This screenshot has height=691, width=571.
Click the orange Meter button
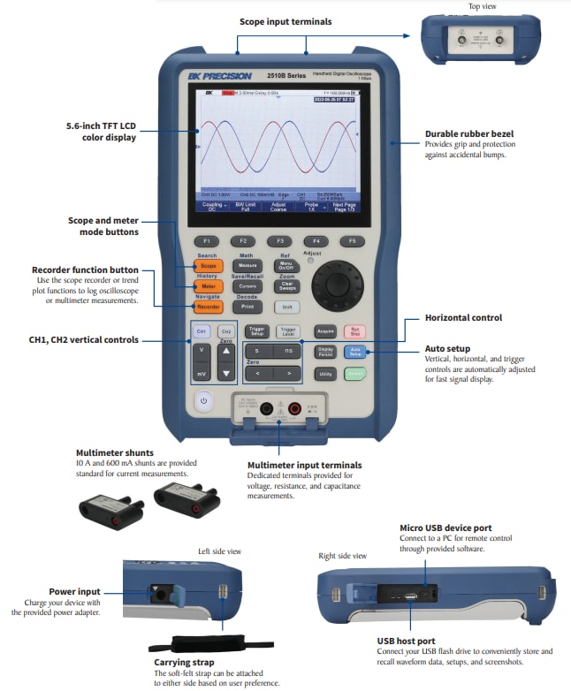click(209, 286)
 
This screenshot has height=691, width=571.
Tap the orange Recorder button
click(209, 308)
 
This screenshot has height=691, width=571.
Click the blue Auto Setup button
click(354, 352)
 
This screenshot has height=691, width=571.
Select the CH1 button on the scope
click(202, 331)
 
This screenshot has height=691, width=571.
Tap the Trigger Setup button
click(257, 331)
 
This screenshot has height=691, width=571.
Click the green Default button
click(354, 374)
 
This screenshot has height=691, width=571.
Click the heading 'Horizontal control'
click(463, 318)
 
